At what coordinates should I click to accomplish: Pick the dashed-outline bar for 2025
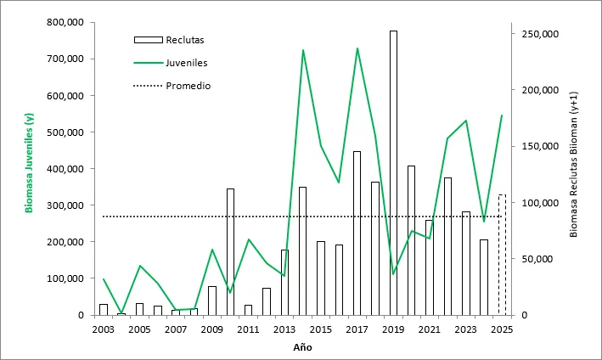[502, 255]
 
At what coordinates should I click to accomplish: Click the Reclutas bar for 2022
[447, 246]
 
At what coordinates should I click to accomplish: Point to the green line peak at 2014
[303, 50]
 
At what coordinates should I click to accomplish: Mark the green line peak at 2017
[357, 48]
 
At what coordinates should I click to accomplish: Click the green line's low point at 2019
[393, 273]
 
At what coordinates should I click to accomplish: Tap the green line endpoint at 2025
[502, 115]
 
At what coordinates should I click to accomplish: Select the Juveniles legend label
[187, 62]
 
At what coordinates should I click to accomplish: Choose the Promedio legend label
[188, 86]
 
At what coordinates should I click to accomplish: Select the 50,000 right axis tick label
[538, 259]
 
